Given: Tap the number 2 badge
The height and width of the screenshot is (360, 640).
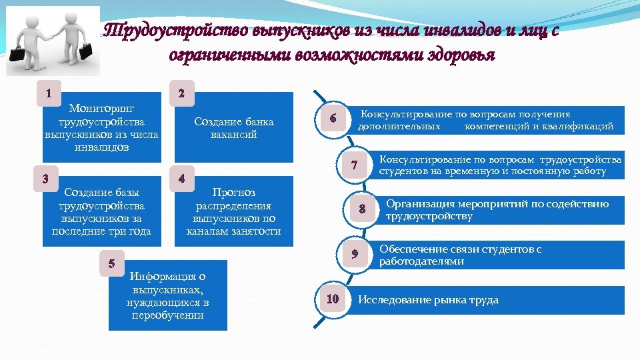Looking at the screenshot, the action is (x=182, y=93).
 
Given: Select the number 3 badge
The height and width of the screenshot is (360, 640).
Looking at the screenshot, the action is (x=45, y=178).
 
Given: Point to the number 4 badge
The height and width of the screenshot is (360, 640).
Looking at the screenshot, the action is (x=182, y=178).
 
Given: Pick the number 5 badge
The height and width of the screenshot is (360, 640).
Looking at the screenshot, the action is (x=111, y=263).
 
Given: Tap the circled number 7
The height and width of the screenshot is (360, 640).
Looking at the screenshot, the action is (x=355, y=165).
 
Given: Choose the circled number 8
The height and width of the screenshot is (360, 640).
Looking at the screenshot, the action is (x=362, y=209).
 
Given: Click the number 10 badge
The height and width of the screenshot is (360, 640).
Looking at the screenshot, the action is (x=333, y=299).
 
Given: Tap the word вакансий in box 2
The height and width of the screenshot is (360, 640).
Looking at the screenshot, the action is (x=233, y=134).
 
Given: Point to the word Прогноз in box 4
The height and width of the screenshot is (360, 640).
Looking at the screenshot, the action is (x=233, y=193).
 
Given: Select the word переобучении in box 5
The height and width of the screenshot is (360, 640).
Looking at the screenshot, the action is (x=167, y=315).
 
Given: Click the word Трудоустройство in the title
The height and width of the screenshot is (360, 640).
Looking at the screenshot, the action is (x=176, y=31).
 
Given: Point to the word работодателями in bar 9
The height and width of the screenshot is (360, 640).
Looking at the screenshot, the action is (x=422, y=261).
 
